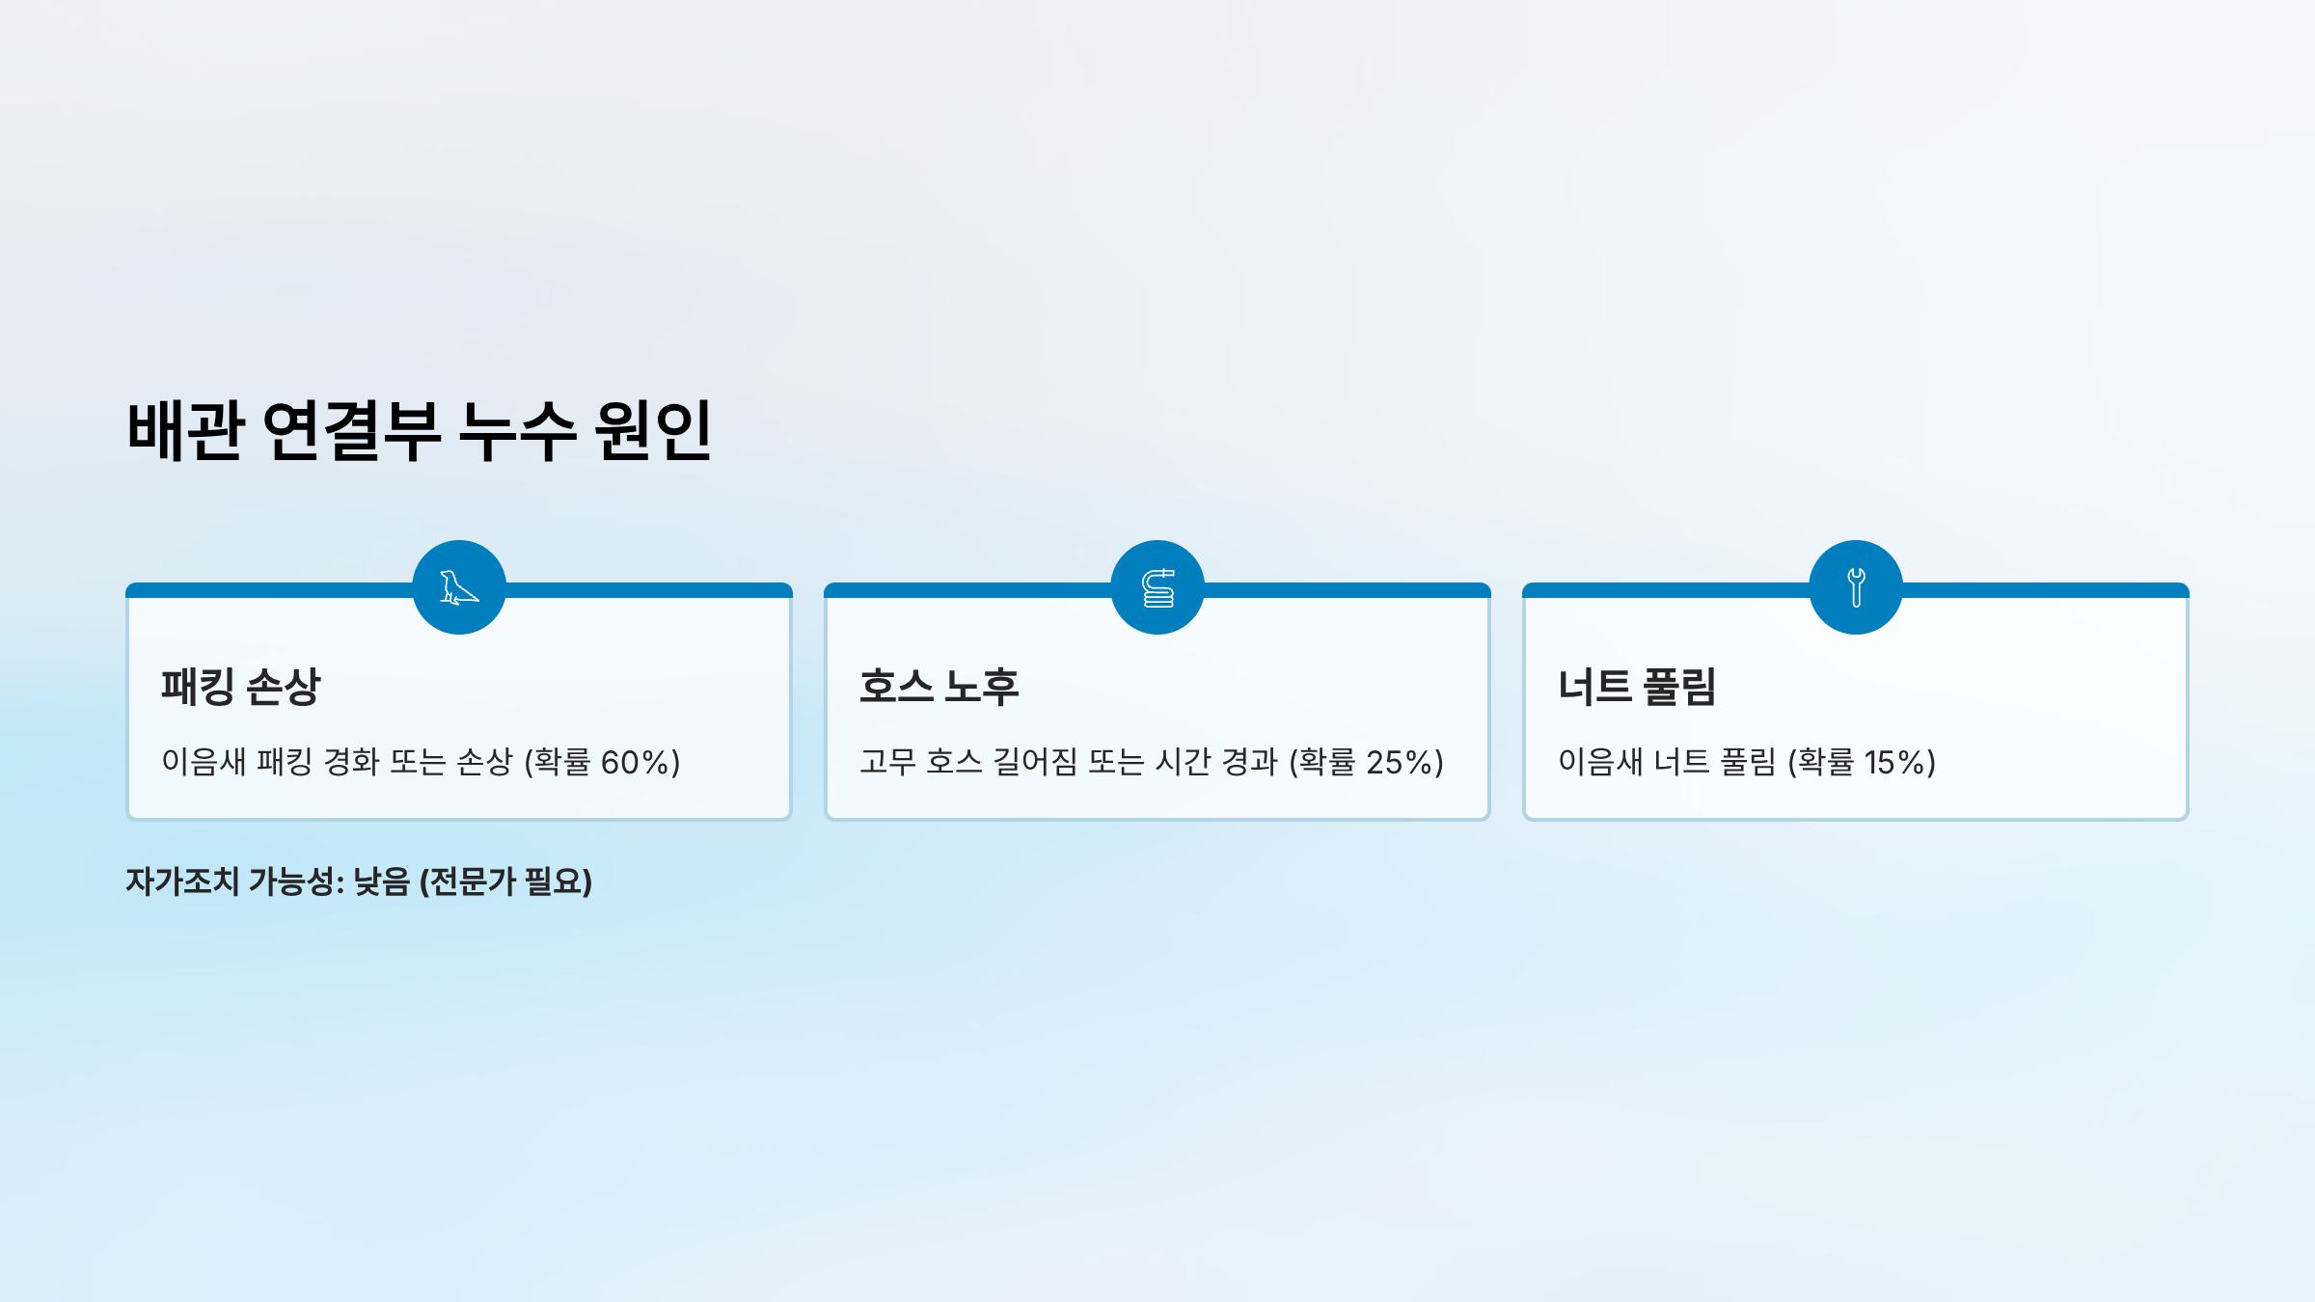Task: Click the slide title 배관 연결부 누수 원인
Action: coord(420,430)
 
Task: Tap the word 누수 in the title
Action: coord(517,430)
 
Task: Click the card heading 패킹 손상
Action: coord(240,687)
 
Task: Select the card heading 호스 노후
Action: coord(939,687)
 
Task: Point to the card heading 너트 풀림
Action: coord(1637,687)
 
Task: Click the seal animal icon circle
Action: coord(459,587)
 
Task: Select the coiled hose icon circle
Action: coord(1157,587)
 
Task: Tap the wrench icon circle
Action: coord(1856,587)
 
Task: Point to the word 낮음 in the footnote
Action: coord(382,882)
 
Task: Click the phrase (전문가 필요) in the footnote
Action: coord(505,882)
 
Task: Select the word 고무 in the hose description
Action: coord(887,762)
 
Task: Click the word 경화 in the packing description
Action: coord(351,762)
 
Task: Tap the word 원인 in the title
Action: coord(653,430)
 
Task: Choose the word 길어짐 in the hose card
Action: coord(1035,762)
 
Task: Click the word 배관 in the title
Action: coord(185,430)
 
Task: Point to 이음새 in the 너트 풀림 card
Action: coord(1600,762)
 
